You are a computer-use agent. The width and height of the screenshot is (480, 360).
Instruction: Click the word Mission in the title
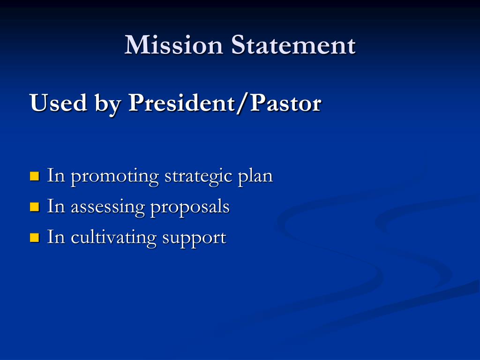[x=173, y=45]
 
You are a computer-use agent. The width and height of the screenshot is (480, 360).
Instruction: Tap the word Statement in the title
[x=293, y=45]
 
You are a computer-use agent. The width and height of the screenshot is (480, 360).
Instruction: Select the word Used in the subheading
[x=58, y=103]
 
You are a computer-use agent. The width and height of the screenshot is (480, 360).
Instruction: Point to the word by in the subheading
[x=108, y=104]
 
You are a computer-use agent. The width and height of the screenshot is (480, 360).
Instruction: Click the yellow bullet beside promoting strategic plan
[x=34, y=177]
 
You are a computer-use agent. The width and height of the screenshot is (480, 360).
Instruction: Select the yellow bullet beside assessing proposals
[x=34, y=207]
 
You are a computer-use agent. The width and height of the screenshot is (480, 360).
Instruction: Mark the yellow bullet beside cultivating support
[x=34, y=237]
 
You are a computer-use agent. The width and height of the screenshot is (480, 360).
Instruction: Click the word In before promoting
[x=55, y=176]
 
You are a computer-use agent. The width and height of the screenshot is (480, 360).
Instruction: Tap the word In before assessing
[x=55, y=206]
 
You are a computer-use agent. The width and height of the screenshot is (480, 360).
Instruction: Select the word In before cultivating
[x=55, y=237]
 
